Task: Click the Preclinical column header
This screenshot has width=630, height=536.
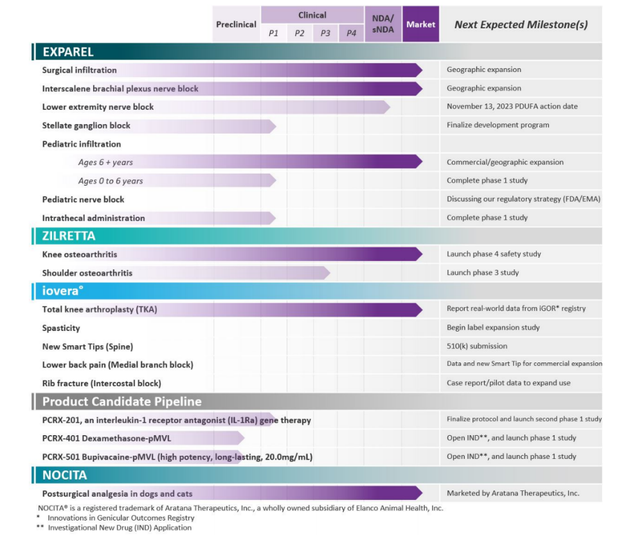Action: click(236, 24)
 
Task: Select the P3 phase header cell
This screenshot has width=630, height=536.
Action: click(325, 33)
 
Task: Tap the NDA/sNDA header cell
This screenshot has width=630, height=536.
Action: click(382, 24)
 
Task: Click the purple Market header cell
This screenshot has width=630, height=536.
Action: click(420, 24)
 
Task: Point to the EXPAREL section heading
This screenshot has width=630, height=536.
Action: click(68, 52)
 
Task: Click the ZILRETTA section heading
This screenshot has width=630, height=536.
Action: click(69, 236)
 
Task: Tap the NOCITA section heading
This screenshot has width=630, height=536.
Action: click(65, 476)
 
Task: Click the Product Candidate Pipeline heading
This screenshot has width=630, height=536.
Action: click(122, 402)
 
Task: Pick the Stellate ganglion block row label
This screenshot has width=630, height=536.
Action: click(86, 125)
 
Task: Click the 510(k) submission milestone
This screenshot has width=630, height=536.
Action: click(477, 346)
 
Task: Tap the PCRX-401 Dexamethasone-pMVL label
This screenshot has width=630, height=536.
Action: click(107, 438)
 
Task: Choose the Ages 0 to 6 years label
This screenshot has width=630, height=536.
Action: click(111, 181)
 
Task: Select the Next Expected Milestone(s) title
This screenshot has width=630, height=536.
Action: click(521, 25)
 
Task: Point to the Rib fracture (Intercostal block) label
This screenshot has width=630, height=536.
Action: click(102, 383)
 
